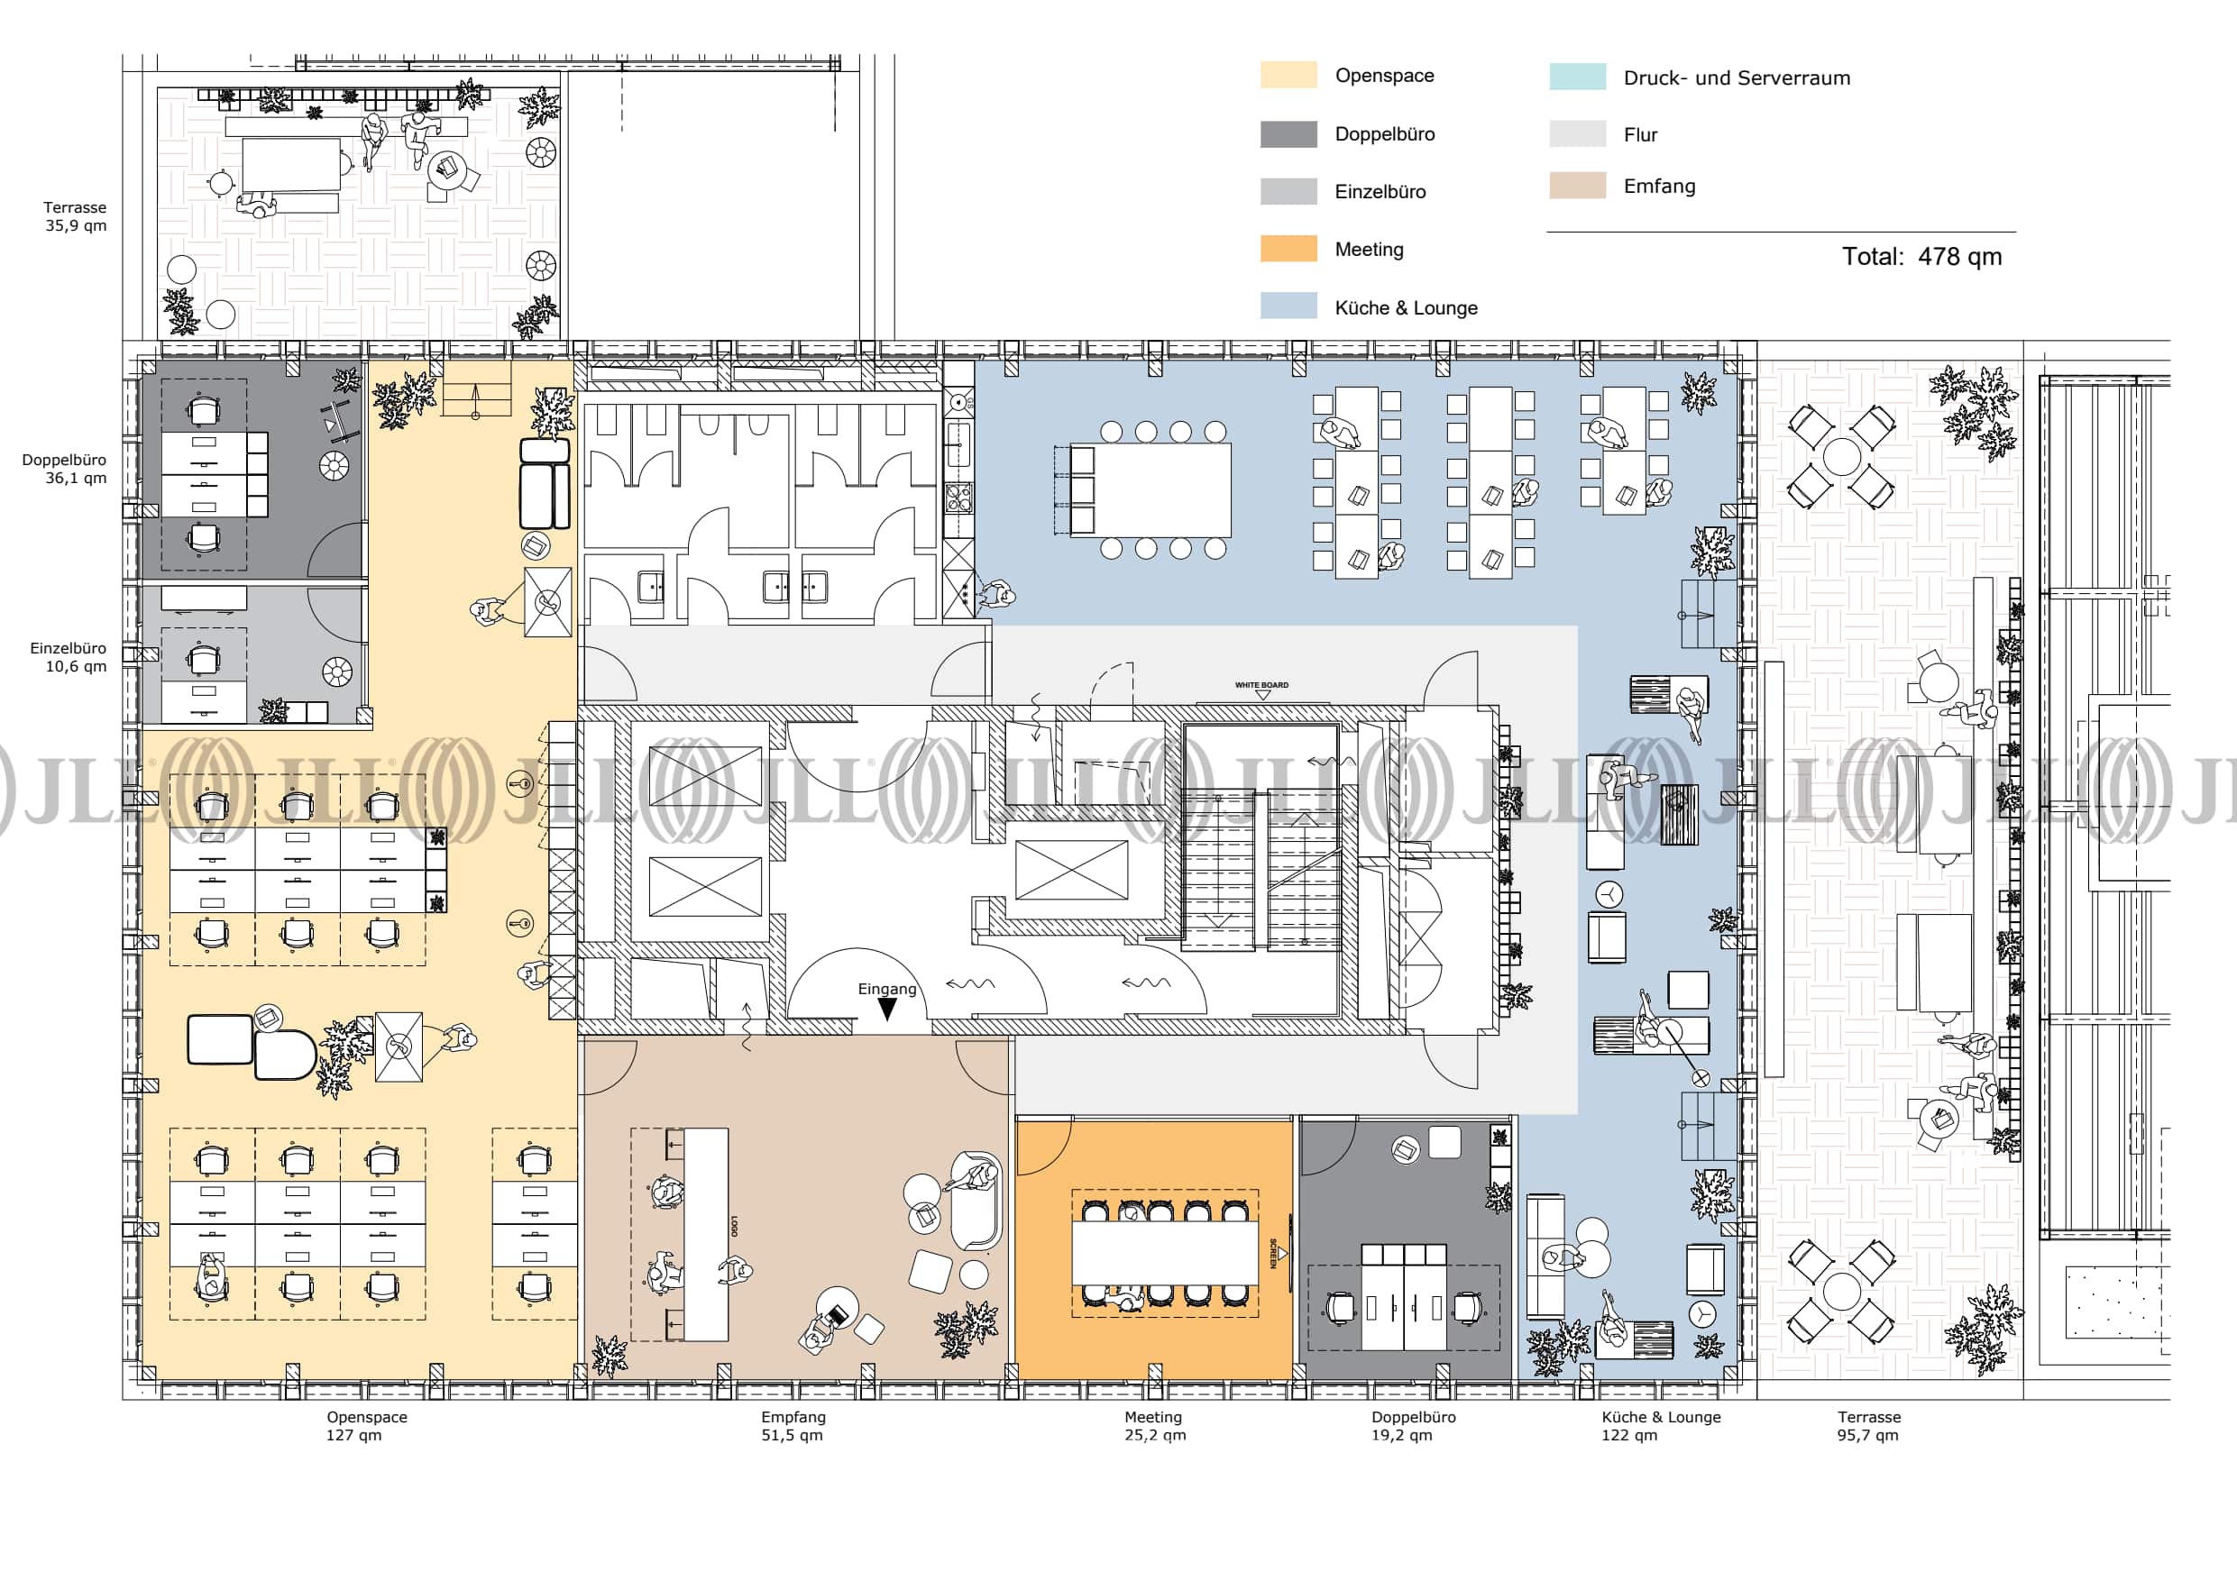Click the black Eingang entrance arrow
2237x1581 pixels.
point(887,1010)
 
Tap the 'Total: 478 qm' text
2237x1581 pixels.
point(1921,257)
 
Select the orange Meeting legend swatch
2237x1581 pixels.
point(1288,250)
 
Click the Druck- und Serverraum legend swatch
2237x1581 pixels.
point(1577,77)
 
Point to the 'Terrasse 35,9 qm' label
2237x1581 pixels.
point(75,216)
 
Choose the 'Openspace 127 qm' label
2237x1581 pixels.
point(366,1426)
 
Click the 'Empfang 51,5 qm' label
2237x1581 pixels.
point(793,1426)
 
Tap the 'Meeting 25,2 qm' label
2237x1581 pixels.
point(1154,1426)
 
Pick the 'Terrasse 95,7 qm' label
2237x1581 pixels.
point(1869,1426)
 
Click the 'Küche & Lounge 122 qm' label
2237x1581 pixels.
point(1660,1426)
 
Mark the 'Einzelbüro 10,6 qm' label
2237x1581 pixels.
point(69,657)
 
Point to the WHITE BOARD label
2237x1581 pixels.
point(1261,686)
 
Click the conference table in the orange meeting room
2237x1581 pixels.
point(1164,1253)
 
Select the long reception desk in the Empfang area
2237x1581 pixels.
point(705,1233)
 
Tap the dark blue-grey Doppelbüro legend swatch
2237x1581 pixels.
point(1288,134)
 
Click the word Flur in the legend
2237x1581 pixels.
point(1640,135)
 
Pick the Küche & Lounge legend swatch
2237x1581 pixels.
point(1288,306)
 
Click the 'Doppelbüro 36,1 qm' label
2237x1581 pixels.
point(64,469)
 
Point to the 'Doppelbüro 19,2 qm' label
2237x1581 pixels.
point(1413,1426)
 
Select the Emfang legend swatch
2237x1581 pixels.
point(1577,185)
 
